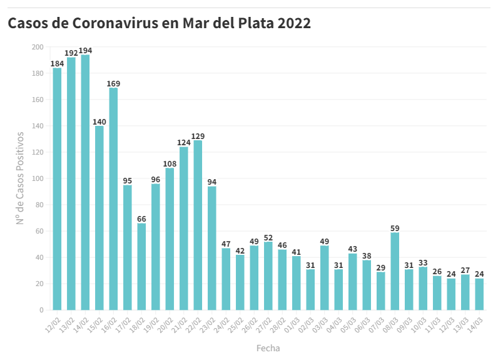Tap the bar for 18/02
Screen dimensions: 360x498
click(x=141, y=266)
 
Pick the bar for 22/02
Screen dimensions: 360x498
click(x=198, y=225)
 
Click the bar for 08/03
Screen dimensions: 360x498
click(x=395, y=271)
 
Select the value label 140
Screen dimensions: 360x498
click(x=99, y=121)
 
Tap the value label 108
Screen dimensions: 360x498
click(x=170, y=163)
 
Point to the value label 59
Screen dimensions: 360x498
click(x=395, y=228)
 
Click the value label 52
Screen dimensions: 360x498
click(x=268, y=237)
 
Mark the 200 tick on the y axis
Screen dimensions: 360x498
click(x=38, y=47)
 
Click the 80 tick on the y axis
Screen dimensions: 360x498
click(x=39, y=205)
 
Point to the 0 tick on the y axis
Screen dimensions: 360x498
click(x=41, y=310)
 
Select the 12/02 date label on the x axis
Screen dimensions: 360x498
click(x=53, y=324)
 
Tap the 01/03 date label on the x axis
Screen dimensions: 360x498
click(x=292, y=324)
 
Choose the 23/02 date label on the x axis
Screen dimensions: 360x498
click(x=207, y=324)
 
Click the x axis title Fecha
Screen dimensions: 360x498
click(x=268, y=347)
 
